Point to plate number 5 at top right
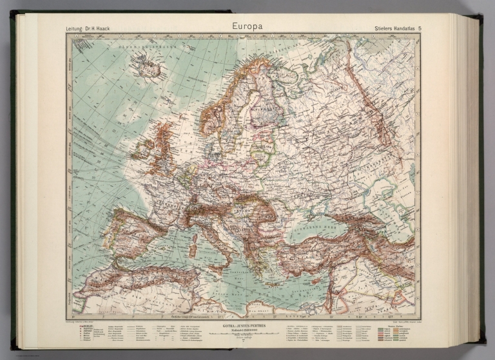(x=420, y=29)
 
